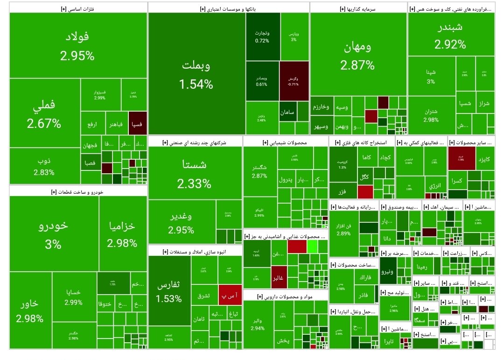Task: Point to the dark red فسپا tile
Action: click(138, 125)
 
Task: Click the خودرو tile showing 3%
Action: click(53, 233)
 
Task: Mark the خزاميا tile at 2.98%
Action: click(122, 233)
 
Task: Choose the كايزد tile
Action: click(485, 159)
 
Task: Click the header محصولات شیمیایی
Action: click(286, 142)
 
